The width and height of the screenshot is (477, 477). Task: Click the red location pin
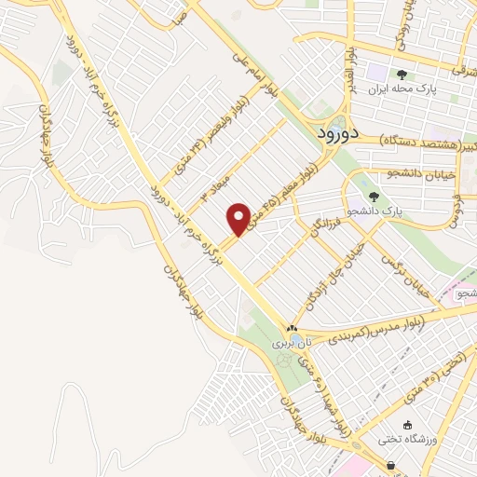coord(239,218)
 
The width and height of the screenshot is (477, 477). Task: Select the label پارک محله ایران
coord(402,90)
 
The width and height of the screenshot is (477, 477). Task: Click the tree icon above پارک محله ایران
coord(402,75)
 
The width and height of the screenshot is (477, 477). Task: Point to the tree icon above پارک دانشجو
coord(374,197)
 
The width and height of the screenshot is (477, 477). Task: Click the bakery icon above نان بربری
coord(292,329)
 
